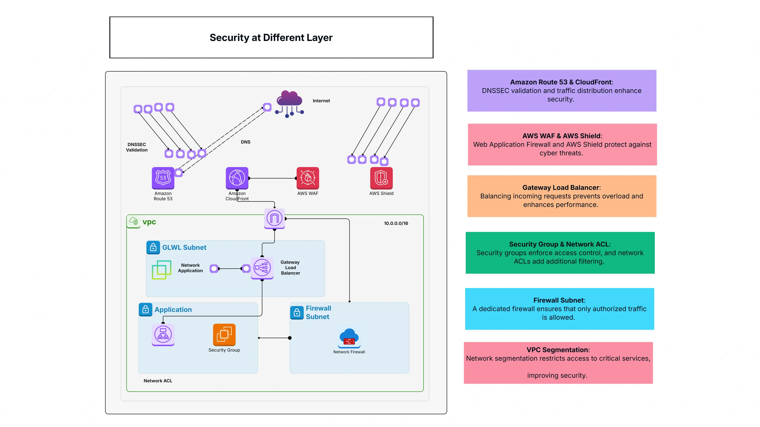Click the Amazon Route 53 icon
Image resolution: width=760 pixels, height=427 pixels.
163,178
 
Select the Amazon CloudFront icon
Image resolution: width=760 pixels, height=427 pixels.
237,178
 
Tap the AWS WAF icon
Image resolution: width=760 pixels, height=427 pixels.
308,178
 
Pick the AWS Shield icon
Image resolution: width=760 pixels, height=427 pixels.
381,178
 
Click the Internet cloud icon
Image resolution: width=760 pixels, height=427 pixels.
289,103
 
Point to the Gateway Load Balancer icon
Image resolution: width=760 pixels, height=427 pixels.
262,268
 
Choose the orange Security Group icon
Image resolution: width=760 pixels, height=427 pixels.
224,334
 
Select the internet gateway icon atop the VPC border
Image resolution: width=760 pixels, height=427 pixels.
274,218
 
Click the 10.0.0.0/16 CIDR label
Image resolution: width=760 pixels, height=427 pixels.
396,223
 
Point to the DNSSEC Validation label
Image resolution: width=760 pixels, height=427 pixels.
137,147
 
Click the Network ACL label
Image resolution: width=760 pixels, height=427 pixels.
158,381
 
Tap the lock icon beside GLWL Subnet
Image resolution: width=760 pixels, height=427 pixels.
153,247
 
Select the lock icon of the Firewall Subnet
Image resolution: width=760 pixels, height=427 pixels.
297,313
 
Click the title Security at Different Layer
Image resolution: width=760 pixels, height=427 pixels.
271,38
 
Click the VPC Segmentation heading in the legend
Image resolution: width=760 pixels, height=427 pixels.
558,350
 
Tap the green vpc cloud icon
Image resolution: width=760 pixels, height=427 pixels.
134,221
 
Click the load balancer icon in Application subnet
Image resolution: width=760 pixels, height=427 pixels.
163,334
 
